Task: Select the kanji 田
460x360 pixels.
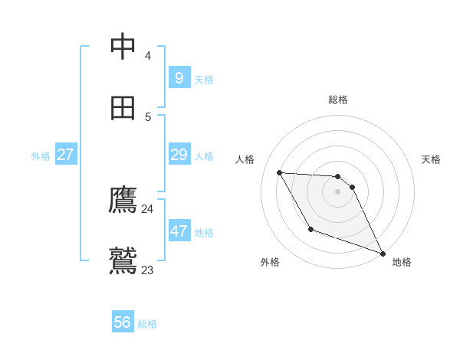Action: click(x=123, y=108)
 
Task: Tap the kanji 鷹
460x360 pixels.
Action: click(x=123, y=200)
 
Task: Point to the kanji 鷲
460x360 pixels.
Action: click(x=123, y=260)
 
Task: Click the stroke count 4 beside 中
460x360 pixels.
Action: click(x=147, y=56)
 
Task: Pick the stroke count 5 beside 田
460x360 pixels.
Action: click(x=147, y=117)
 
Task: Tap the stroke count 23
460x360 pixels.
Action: click(x=147, y=270)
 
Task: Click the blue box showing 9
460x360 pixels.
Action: click(x=179, y=77)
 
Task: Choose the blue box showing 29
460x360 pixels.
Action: click(x=179, y=155)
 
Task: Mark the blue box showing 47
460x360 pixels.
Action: click(x=179, y=231)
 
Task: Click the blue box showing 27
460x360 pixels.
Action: click(x=65, y=155)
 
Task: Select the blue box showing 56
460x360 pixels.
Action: click(x=122, y=322)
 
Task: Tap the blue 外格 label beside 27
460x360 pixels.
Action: click(x=41, y=156)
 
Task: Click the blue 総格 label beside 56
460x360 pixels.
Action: click(x=147, y=324)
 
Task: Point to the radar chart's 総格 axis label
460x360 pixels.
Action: click(x=338, y=100)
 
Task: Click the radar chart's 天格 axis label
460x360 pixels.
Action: click(x=431, y=159)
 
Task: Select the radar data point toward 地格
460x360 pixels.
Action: click(x=383, y=253)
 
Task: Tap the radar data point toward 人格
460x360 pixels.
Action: click(x=279, y=172)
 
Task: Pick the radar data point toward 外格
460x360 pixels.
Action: click(x=310, y=229)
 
